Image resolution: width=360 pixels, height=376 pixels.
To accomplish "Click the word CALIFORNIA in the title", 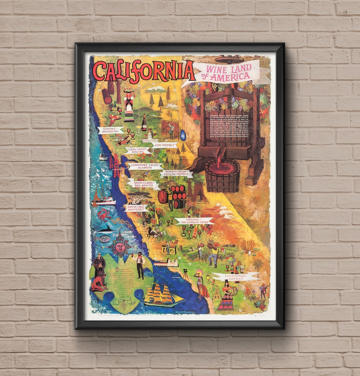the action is coord(143,71).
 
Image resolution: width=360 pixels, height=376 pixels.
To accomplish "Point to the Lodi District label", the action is coord(165,145).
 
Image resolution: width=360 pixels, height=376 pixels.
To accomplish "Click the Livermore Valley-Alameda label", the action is coord(146,165).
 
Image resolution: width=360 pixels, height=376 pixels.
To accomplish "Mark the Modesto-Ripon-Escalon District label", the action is coord(176,173).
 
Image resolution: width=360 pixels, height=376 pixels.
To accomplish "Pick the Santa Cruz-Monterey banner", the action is coord(136,208).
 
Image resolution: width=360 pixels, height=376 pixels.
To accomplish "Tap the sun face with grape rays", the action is coord(120,247).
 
